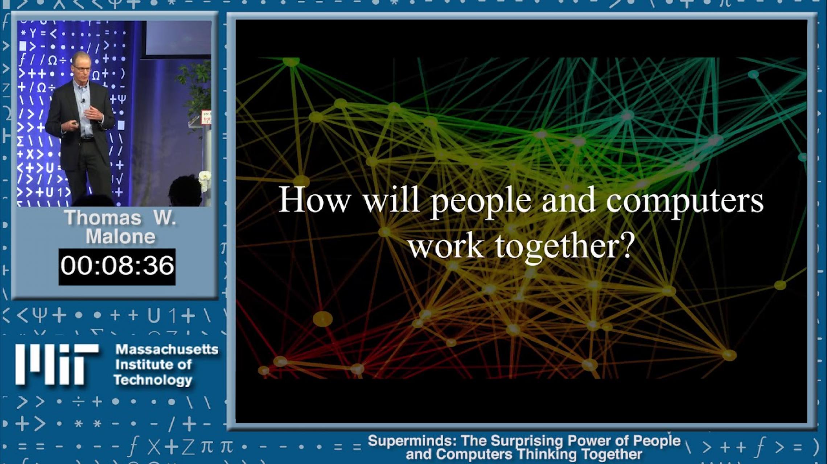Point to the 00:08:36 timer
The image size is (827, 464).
point(117,266)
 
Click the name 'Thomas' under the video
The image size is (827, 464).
point(103,218)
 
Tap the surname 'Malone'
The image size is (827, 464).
point(120,237)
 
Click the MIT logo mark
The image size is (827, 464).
point(56,364)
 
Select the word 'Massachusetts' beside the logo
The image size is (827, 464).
point(167,349)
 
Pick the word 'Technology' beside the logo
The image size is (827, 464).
point(153,380)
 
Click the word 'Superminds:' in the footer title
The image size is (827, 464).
point(412,441)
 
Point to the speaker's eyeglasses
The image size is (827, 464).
point(82,69)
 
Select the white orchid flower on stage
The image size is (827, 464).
point(205,178)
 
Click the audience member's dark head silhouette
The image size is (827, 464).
point(185,190)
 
